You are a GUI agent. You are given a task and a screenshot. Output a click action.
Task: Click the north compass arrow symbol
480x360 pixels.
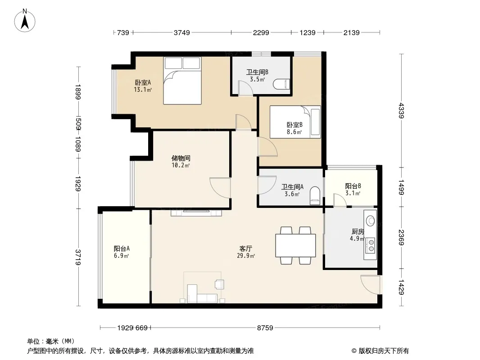point(25,21)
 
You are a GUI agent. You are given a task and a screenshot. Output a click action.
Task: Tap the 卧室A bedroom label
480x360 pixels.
point(143,83)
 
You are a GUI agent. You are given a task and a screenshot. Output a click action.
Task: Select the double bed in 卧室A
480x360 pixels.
point(182,81)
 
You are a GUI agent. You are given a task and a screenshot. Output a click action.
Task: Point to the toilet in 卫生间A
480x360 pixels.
point(315,196)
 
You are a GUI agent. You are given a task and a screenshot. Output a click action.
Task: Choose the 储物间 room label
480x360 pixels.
point(181,158)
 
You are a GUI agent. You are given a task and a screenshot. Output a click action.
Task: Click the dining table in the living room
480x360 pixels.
point(295,245)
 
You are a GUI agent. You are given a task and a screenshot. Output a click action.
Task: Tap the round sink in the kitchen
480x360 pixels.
point(371,220)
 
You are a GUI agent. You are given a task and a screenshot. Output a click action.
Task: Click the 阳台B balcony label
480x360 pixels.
point(353,186)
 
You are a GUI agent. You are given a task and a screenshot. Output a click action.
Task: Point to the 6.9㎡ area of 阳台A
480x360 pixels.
point(121,256)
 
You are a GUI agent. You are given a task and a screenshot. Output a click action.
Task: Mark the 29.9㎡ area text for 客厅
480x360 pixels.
point(246,256)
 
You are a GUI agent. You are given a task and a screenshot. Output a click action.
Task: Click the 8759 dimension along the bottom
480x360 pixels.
point(265,328)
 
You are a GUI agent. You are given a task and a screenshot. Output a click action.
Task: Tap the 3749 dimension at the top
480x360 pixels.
point(182,32)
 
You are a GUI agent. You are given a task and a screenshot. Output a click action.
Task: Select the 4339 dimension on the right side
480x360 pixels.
point(401,111)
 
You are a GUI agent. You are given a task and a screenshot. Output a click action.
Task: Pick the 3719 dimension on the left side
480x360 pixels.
point(78,257)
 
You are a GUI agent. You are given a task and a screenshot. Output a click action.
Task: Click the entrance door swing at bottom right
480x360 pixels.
point(370,285)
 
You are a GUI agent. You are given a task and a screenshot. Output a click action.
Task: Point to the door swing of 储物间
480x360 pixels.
point(220,188)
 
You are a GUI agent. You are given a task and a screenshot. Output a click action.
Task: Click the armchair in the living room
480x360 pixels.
point(219,284)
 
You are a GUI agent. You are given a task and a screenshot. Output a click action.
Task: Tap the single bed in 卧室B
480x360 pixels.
point(295,122)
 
